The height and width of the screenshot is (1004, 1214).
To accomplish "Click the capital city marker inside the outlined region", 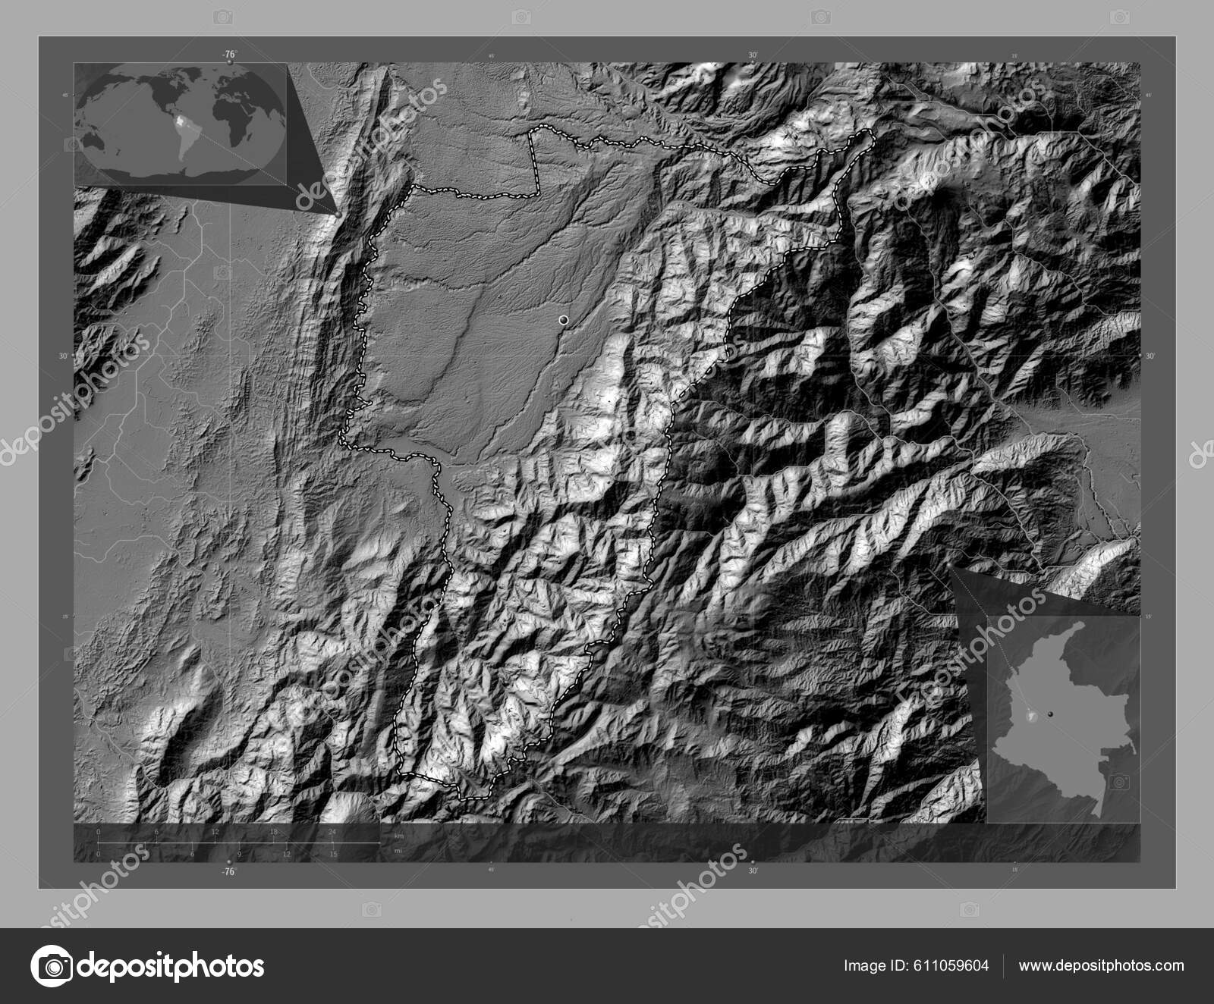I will coord(563,321).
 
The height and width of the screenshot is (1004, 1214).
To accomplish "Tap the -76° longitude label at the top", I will coord(229,55).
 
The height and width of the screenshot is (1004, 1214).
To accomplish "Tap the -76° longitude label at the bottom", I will coord(229,872).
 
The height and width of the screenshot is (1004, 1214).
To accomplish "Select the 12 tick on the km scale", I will coord(215,832).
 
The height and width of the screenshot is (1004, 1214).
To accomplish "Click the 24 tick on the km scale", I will coord(332,832).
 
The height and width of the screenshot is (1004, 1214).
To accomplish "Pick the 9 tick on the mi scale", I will coord(240,854).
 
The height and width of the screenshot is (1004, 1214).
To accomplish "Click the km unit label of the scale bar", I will coord(399,836).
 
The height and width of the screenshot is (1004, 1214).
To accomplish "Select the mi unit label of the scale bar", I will coord(398,850).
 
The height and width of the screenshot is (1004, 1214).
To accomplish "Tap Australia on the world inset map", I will coord(99,141).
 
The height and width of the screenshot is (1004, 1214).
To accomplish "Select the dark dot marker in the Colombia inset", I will coord(1051,713).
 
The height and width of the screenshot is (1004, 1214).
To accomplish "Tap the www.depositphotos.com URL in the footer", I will coord(1100,965).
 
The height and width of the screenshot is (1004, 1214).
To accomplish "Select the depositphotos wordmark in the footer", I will coord(171,966).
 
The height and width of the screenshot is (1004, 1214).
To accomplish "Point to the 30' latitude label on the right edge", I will coord(1149,356).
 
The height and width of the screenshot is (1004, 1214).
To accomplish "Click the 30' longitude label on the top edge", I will coord(753,55).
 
